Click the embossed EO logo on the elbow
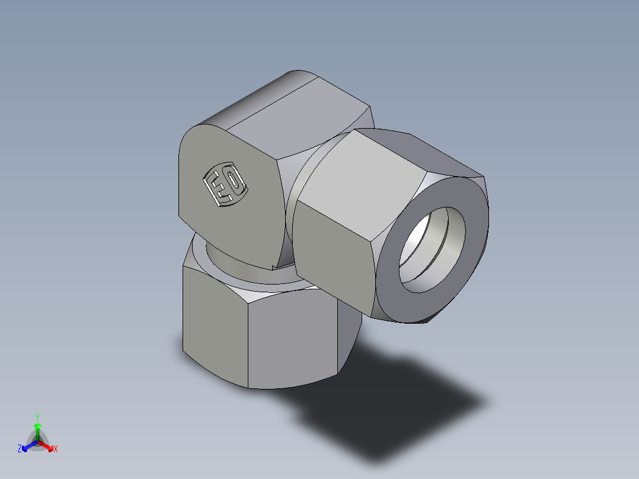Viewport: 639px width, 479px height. pyautogui.click(x=225, y=185)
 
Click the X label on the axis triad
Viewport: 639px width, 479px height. pyautogui.click(x=56, y=449)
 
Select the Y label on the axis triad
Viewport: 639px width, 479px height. pyautogui.click(x=37, y=416)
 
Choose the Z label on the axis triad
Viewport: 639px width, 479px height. pyautogui.click(x=20, y=449)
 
